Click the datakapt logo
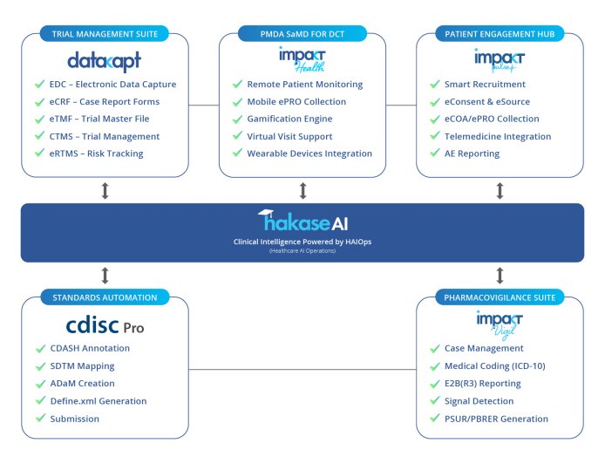point(104,61)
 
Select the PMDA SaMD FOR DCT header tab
point(302,34)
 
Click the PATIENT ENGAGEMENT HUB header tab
point(500,34)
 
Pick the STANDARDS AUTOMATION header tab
point(105,297)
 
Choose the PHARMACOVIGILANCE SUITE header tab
point(499,297)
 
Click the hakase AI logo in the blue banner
point(302,219)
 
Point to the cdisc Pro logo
point(105,325)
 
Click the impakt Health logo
point(302,61)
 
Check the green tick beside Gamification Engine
point(237,119)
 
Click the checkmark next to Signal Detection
point(435,401)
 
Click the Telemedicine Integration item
point(498,136)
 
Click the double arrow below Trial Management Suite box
point(105,191)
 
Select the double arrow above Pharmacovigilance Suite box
point(500,276)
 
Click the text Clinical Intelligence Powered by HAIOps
point(302,241)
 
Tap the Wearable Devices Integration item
point(309,154)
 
